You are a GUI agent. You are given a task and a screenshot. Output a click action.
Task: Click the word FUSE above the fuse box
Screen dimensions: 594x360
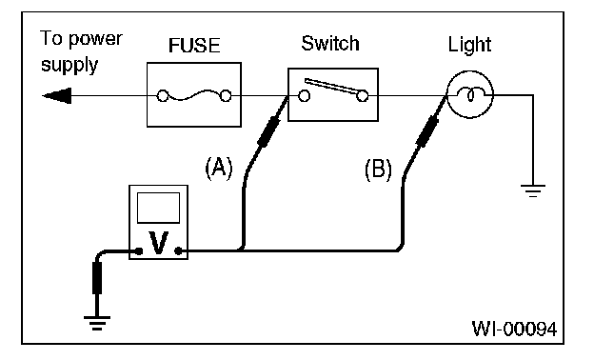click(194, 46)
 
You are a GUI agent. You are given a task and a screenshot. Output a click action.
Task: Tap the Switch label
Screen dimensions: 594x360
click(330, 43)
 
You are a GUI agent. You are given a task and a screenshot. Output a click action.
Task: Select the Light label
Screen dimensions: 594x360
click(469, 46)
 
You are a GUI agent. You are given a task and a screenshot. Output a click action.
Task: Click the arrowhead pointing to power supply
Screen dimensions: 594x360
click(57, 95)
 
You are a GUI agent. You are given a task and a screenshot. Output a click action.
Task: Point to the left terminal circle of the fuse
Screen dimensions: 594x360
click(163, 96)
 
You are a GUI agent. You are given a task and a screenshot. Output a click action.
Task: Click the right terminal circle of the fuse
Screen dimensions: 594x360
click(226, 96)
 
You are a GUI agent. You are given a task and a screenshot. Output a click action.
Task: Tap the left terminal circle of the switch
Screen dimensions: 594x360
click(304, 96)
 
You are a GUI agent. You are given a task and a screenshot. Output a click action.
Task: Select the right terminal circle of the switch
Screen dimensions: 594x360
click(362, 96)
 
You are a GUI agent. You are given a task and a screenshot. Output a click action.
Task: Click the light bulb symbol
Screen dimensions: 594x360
click(469, 94)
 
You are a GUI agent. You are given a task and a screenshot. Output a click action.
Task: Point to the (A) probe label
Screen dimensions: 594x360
click(219, 168)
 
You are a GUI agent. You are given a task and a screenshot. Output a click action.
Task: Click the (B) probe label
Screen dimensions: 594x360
click(378, 169)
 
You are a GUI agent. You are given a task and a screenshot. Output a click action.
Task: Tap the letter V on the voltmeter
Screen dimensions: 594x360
click(158, 243)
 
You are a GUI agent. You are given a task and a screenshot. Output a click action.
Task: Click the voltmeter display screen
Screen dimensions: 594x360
click(158, 208)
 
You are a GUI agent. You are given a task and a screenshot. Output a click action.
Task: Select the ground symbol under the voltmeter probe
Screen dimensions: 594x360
click(97, 323)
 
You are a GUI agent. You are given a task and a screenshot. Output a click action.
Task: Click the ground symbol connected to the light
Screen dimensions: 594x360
click(533, 190)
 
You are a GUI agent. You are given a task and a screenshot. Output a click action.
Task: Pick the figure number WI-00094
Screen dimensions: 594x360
click(514, 329)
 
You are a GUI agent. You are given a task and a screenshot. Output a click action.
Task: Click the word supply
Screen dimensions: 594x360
click(69, 65)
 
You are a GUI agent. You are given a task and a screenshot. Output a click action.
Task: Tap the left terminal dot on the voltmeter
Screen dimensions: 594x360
click(139, 250)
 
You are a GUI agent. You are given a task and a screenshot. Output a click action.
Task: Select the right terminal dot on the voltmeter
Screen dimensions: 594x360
click(178, 250)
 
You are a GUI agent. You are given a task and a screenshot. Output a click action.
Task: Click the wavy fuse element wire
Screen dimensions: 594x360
click(194, 96)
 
